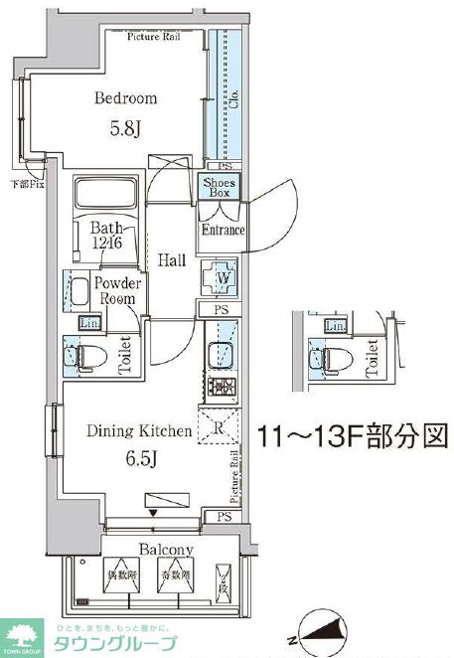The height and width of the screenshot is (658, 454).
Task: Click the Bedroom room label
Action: coord(126,98)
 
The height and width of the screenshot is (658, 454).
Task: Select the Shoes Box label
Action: coord(218,187)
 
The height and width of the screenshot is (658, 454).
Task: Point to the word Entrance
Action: coord(223,230)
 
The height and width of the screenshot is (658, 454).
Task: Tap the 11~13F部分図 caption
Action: coord(351,436)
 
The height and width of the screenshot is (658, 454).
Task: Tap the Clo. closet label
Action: coord(234,99)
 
